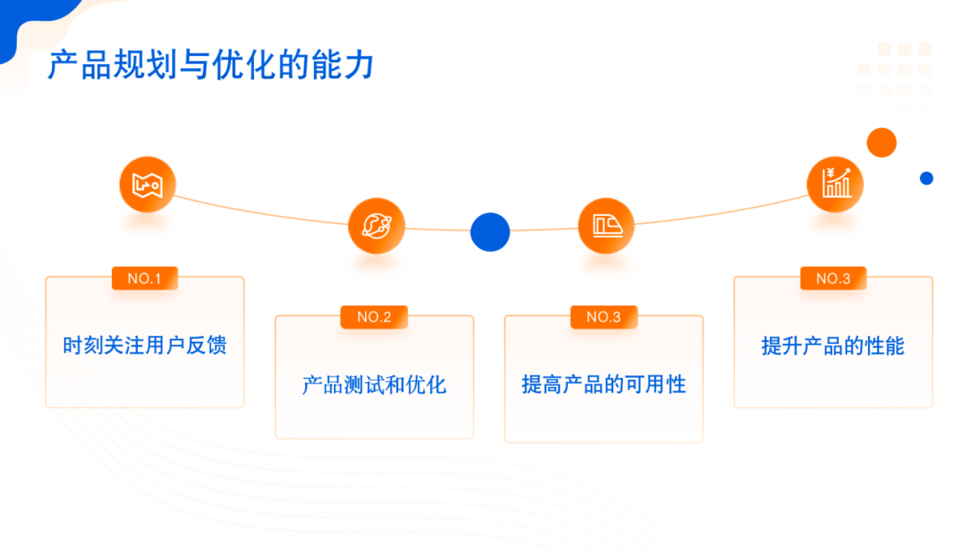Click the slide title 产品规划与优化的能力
211,65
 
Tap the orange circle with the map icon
148,184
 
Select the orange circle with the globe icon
377,226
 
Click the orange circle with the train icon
606,226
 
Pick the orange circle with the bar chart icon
835,184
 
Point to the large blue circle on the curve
490,232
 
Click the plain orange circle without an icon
881,143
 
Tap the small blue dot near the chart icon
927,178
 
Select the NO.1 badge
145,279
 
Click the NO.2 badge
374,317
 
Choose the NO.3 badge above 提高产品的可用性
604,317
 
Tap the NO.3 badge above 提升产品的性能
833,279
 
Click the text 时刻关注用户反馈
145,345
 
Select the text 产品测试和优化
374,384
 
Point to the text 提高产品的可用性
604,384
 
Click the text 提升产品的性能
833,346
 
